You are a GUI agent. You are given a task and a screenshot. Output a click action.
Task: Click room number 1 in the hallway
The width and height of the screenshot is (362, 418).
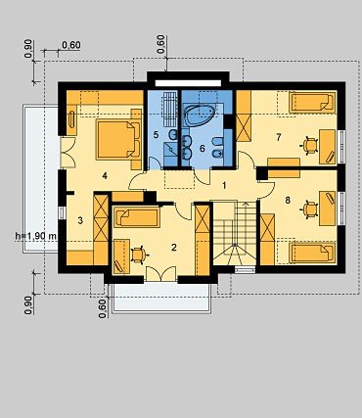(x=224, y=186)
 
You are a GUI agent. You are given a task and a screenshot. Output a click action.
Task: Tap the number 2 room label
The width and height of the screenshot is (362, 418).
(x=174, y=248)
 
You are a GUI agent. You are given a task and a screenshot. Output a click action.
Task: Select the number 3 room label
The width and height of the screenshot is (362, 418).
(x=80, y=220)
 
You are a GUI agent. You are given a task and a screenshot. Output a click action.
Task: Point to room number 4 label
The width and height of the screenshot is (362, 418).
(x=105, y=176)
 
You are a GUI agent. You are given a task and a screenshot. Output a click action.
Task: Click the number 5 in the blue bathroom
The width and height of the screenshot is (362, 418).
(x=156, y=135)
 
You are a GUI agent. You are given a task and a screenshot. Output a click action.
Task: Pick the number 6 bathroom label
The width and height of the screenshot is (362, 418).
(x=203, y=149)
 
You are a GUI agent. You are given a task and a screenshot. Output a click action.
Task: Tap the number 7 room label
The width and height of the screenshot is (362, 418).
(x=278, y=137)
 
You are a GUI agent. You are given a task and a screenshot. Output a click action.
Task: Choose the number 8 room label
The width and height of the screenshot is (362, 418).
(x=288, y=200)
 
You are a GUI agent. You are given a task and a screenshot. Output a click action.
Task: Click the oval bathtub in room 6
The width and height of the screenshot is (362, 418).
(x=200, y=115)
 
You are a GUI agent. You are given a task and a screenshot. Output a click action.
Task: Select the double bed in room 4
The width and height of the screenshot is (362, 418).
(x=118, y=139)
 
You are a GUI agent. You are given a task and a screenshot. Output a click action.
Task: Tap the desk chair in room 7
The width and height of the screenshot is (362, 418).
(x=310, y=146)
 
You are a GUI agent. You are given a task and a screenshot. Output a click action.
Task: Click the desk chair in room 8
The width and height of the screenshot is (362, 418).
(x=310, y=209)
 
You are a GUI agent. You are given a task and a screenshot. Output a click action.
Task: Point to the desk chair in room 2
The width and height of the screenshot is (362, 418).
(x=139, y=255)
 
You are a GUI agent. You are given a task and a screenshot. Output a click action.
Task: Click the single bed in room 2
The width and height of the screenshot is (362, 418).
(x=137, y=217)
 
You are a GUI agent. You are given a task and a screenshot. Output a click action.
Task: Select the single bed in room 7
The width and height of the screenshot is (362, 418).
(x=312, y=102)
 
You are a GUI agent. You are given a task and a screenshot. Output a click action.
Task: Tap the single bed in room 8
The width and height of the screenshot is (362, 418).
(x=312, y=253)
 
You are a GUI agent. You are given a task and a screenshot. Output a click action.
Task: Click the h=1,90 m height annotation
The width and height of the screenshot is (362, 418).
(x=36, y=235)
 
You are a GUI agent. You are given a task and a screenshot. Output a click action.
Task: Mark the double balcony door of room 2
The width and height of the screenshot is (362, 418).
(x=160, y=274)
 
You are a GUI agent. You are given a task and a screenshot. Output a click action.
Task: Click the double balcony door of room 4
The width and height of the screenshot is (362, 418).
(x=68, y=152)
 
